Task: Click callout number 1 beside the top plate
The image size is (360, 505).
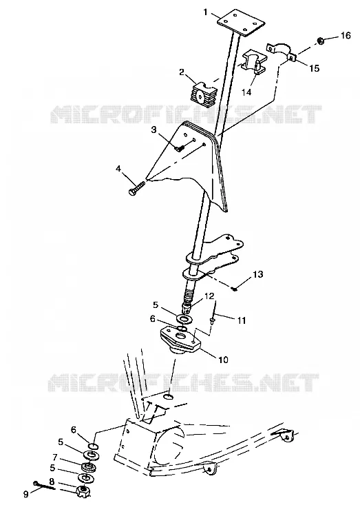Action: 206,12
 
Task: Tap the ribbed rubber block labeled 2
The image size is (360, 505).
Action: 202,94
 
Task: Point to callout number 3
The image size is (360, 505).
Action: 153,130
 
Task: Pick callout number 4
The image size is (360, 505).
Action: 118,169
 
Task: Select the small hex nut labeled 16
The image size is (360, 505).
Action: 320,41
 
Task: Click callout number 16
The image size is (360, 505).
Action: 346,34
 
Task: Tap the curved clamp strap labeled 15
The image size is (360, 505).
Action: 281,51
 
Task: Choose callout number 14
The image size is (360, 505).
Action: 246,92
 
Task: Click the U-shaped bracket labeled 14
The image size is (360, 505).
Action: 254,63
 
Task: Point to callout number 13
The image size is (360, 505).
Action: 257,274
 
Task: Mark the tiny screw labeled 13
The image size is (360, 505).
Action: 234,289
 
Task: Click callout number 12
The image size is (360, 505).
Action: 209,296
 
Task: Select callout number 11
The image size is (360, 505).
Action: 242,320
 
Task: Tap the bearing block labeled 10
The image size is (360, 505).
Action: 180,340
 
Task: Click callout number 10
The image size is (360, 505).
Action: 223,359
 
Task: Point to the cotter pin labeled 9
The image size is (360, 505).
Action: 44,485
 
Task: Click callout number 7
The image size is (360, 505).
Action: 54,457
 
